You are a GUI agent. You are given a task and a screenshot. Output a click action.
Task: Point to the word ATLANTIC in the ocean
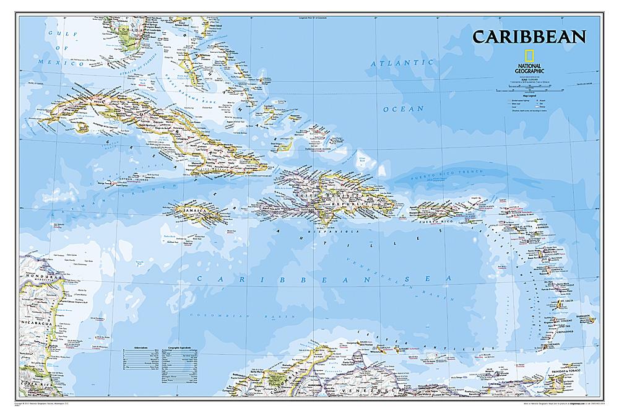point(402,64)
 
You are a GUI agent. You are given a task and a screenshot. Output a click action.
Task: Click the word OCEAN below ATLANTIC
point(403,109)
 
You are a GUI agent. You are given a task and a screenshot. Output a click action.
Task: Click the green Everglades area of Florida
point(129,40)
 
